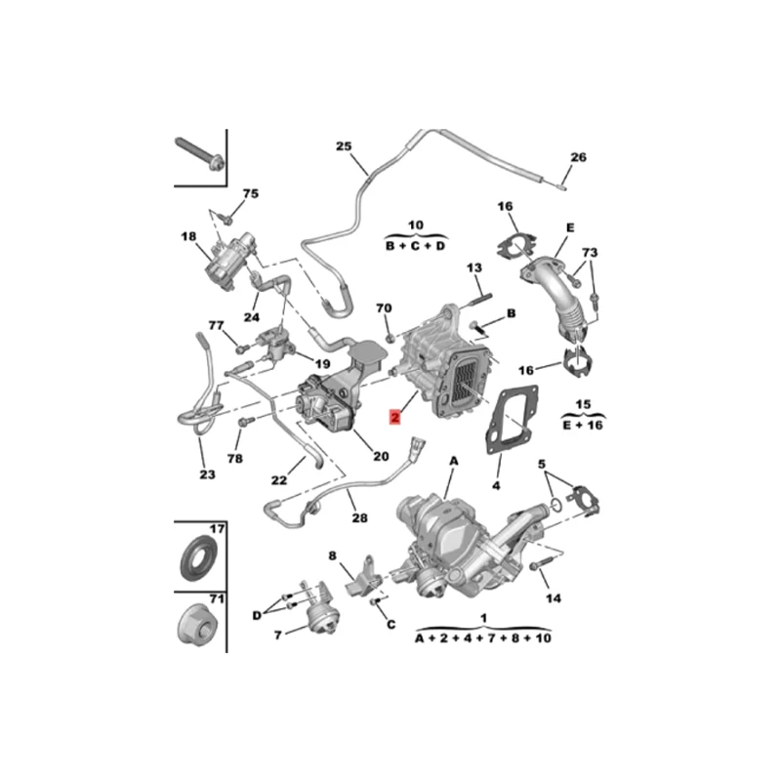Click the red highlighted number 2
pyautogui.click(x=395, y=417)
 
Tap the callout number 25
pyautogui.click(x=344, y=145)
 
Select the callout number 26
pyautogui.click(x=578, y=157)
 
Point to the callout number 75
pyautogui.click(x=251, y=193)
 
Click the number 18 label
pyautogui.click(x=188, y=236)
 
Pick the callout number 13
pyautogui.click(x=474, y=267)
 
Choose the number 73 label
pyautogui.click(x=590, y=253)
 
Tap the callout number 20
pyautogui.click(x=381, y=456)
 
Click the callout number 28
pyautogui.click(x=359, y=518)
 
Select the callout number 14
pyautogui.click(x=554, y=598)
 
